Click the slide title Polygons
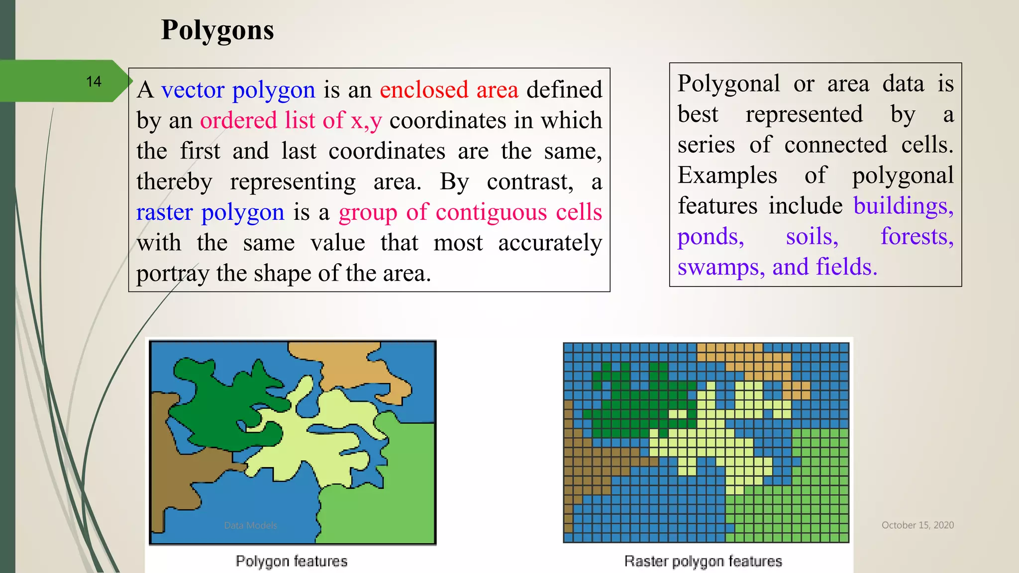click(217, 30)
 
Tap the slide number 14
click(94, 82)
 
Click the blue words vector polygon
click(238, 90)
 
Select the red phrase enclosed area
click(449, 90)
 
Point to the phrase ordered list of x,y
click(291, 120)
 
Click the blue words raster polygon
click(210, 212)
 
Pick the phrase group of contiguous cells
click(470, 212)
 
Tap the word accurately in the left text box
click(550, 243)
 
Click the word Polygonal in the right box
click(728, 84)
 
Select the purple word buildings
click(903, 206)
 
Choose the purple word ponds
click(711, 237)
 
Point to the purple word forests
click(917, 237)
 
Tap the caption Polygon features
click(292, 561)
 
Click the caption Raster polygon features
click(703, 561)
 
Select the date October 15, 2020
click(917, 525)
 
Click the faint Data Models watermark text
click(250, 525)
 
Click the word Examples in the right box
click(727, 176)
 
